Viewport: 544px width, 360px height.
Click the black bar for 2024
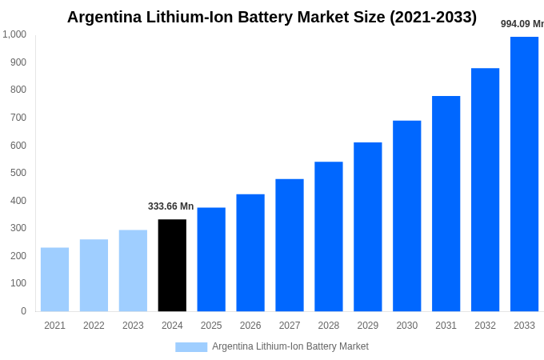tap(172, 265)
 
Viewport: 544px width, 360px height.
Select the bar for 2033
tap(524, 174)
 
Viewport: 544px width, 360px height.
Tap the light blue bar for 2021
tap(54, 279)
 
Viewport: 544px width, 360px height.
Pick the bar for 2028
tap(328, 236)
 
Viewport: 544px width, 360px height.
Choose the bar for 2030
tap(406, 216)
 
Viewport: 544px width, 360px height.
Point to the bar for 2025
tap(211, 259)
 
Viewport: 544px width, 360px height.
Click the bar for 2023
tap(133, 270)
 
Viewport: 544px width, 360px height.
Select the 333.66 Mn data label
tap(170, 206)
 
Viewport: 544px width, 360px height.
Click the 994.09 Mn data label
tap(522, 24)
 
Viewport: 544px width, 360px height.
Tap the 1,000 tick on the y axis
tap(14, 34)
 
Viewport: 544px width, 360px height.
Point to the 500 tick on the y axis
tap(18, 173)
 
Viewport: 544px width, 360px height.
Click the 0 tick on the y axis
tap(23, 311)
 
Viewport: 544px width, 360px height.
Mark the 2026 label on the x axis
tap(250, 326)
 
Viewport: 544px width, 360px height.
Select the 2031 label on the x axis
tap(446, 326)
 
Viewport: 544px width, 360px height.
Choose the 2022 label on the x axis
tap(94, 326)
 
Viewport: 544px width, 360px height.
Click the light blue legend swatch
tap(191, 347)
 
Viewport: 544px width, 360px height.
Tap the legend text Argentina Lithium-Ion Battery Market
tap(290, 346)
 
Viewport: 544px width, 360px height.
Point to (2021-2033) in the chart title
tap(433, 17)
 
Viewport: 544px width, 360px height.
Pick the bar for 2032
tap(485, 190)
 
